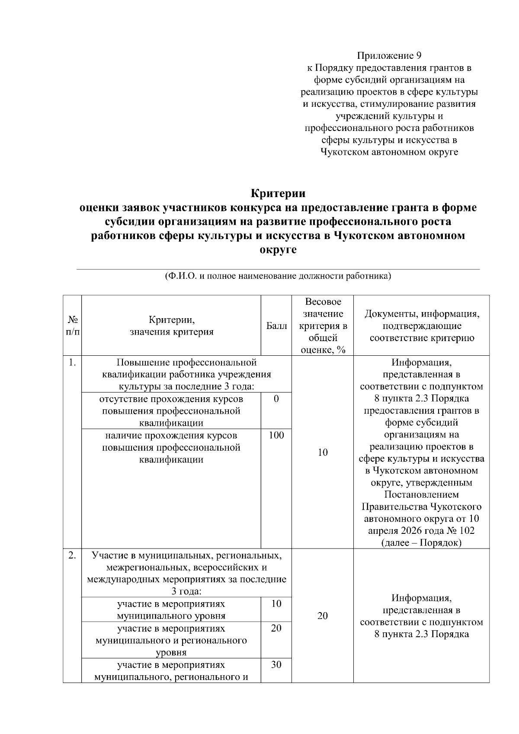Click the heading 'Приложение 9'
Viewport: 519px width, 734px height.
pos(389,56)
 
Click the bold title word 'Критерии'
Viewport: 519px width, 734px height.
pos(278,193)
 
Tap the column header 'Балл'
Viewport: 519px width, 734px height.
pos(276,326)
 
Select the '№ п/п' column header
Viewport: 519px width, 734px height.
pos(72,326)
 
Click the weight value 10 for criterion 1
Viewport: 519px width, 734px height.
pos(322,452)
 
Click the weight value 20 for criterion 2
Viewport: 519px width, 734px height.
pos(322,616)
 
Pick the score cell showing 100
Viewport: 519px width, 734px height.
pos(276,435)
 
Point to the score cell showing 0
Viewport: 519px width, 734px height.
pos(276,399)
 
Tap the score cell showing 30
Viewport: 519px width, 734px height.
pos(276,665)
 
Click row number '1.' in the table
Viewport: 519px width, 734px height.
pos(72,363)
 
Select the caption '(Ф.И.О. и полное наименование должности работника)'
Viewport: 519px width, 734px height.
pos(278,276)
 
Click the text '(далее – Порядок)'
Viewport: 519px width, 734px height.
pos(421,543)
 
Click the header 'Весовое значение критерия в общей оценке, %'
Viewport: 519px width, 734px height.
pos(322,326)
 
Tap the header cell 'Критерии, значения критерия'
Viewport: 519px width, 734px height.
pos(171,326)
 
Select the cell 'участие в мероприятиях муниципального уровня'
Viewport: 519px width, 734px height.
pos(171,610)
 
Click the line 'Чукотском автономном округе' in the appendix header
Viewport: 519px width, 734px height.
pos(389,152)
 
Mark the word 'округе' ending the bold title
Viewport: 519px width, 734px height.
pos(278,250)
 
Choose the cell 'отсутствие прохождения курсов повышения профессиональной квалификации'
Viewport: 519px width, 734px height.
pos(171,411)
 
